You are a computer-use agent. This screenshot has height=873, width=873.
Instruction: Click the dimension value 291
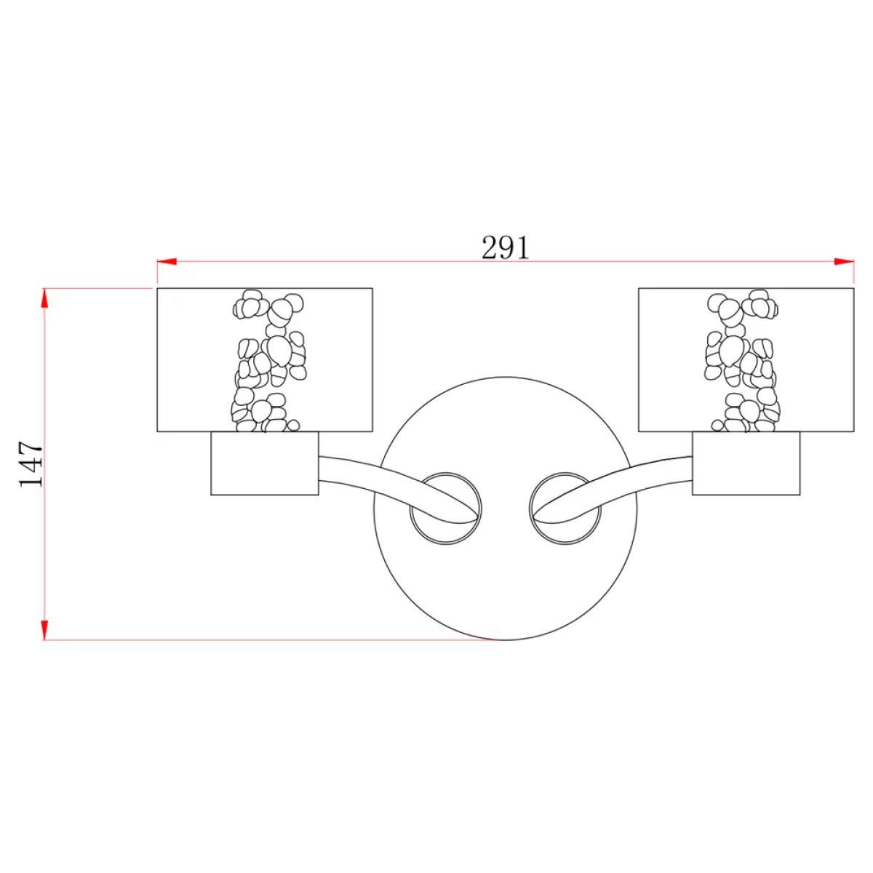pyautogui.click(x=505, y=248)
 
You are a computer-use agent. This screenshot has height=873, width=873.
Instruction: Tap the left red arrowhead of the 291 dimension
pyautogui.click(x=167, y=261)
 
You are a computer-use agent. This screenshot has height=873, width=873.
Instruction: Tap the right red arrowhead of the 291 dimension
pyautogui.click(x=844, y=261)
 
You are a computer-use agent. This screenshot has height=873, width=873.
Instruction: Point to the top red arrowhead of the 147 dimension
pyautogui.click(x=44, y=298)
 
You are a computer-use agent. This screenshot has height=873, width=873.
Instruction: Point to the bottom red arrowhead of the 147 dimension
pyautogui.click(x=44, y=630)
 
